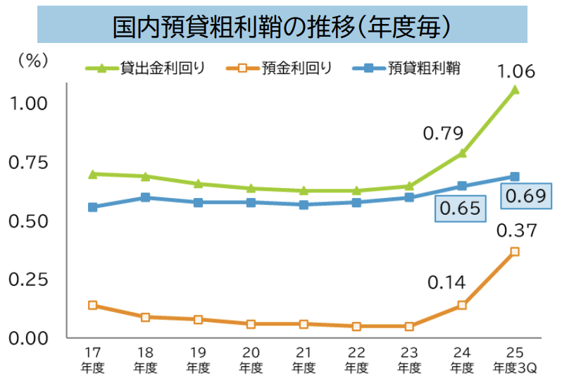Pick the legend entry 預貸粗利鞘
425,68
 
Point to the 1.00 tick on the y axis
29,104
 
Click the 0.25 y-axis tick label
29,280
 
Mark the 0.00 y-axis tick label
29,338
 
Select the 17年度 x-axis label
92,359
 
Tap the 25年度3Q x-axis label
515,359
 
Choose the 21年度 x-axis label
304,359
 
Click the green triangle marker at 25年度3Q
515,89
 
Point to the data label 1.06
516,70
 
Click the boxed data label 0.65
460,209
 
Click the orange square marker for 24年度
462,305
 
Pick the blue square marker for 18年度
145,197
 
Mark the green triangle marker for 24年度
462,152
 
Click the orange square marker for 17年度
92,305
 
